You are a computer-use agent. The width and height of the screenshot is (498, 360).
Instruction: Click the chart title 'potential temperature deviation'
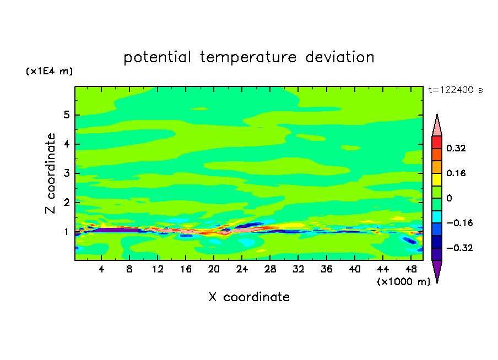click(249, 57)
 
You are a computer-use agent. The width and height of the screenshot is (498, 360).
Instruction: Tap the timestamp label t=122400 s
click(456, 90)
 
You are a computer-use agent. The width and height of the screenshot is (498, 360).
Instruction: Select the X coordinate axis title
click(249, 297)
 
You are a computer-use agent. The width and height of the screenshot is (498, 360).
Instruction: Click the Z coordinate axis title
click(50, 173)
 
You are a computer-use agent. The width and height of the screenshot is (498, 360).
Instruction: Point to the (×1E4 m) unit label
click(49, 71)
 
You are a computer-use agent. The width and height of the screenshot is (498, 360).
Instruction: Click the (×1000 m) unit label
click(403, 282)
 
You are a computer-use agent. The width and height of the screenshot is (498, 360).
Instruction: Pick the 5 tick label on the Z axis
click(66, 114)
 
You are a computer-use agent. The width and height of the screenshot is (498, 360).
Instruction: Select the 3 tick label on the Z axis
click(66, 173)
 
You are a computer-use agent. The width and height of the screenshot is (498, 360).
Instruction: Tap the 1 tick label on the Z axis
click(66, 232)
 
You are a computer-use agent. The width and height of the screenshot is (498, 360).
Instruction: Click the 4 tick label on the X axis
click(101, 269)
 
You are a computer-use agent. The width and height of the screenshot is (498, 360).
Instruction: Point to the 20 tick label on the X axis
click(214, 269)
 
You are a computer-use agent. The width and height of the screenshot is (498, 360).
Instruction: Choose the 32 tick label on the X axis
click(298, 269)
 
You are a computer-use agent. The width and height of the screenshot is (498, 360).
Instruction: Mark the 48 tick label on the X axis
click(411, 269)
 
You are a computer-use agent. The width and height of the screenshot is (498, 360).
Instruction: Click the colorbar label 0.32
click(456, 148)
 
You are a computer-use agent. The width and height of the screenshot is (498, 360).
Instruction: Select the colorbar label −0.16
click(459, 223)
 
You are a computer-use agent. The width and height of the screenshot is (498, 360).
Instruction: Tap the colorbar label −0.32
click(459, 248)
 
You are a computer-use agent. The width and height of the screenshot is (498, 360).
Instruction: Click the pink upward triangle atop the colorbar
click(437, 128)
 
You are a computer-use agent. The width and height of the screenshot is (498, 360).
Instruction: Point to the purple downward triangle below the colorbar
click(437, 269)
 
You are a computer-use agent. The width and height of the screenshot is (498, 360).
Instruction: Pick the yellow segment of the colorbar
click(437, 179)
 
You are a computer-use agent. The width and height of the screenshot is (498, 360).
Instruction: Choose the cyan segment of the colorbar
click(437, 217)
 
